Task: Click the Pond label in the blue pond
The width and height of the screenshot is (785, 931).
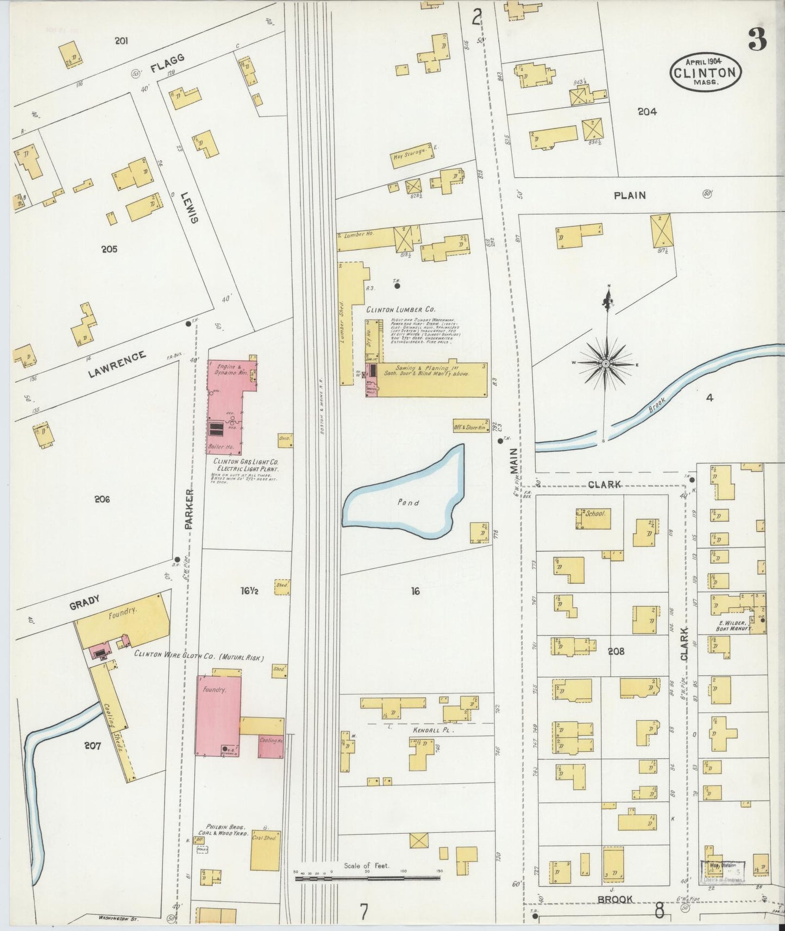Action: [408, 502]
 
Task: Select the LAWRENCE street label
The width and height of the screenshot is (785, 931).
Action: [117, 364]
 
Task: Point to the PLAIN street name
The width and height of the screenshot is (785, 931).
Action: [630, 195]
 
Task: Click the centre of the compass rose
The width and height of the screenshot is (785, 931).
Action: [606, 363]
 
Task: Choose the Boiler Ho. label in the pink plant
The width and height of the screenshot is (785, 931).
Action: [221, 447]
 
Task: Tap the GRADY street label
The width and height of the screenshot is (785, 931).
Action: [84, 602]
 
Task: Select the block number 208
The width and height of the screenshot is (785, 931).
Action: [616, 651]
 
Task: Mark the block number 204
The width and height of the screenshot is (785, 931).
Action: [647, 111]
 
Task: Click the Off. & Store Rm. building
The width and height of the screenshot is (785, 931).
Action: [470, 427]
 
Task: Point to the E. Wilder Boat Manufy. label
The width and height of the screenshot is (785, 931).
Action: [733, 625]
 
